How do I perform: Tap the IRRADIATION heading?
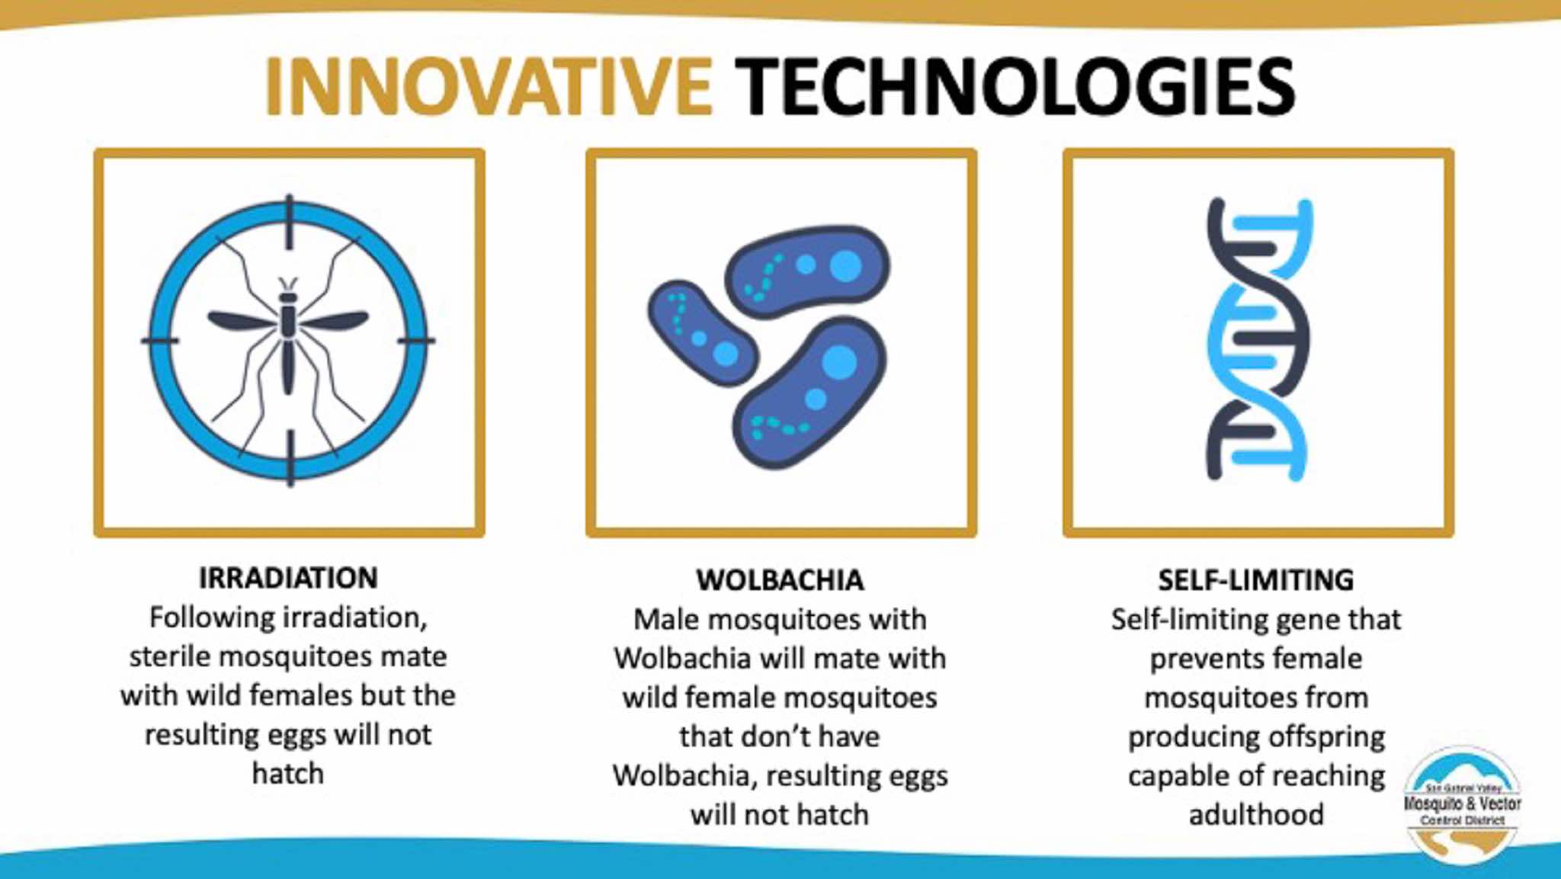coord(288,578)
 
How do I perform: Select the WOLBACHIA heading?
coord(780,580)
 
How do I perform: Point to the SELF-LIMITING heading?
coord(1255,580)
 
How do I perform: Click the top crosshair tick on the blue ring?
coord(289,222)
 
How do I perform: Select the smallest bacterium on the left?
coord(702,332)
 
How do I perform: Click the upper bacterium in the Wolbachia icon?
coord(806,271)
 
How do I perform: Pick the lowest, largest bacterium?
coord(809,393)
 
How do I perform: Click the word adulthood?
coord(1256,814)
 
